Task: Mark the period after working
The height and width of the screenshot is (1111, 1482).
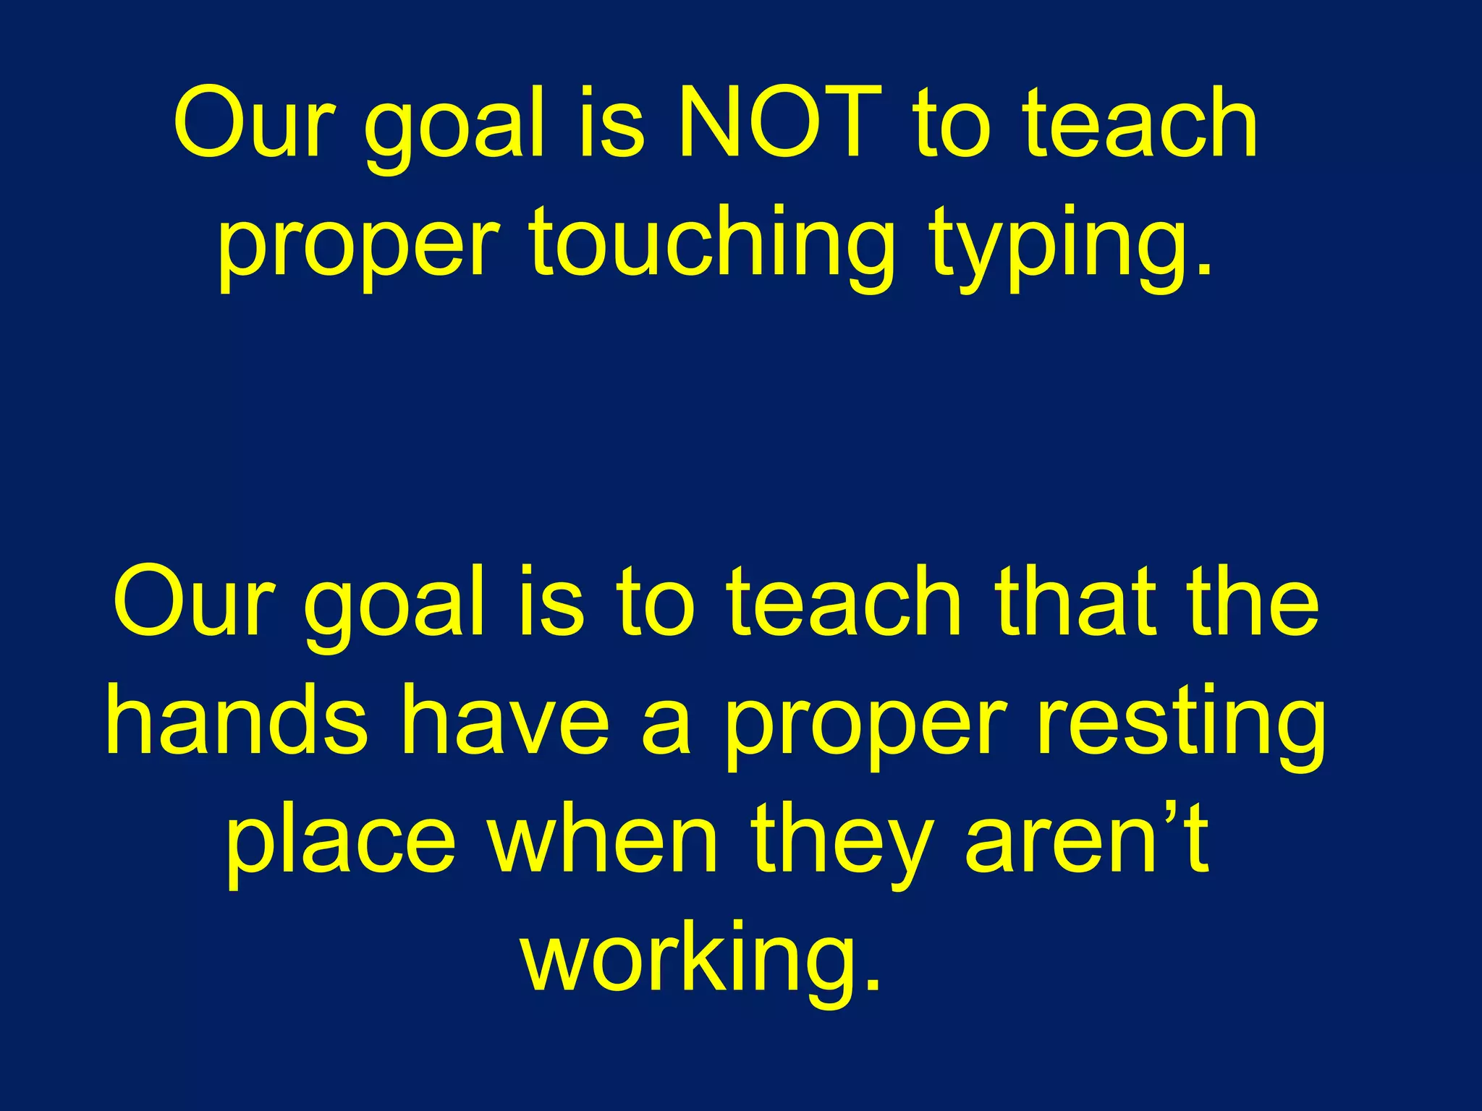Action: point(873,984)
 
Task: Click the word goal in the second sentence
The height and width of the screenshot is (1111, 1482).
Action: point(395,604)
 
